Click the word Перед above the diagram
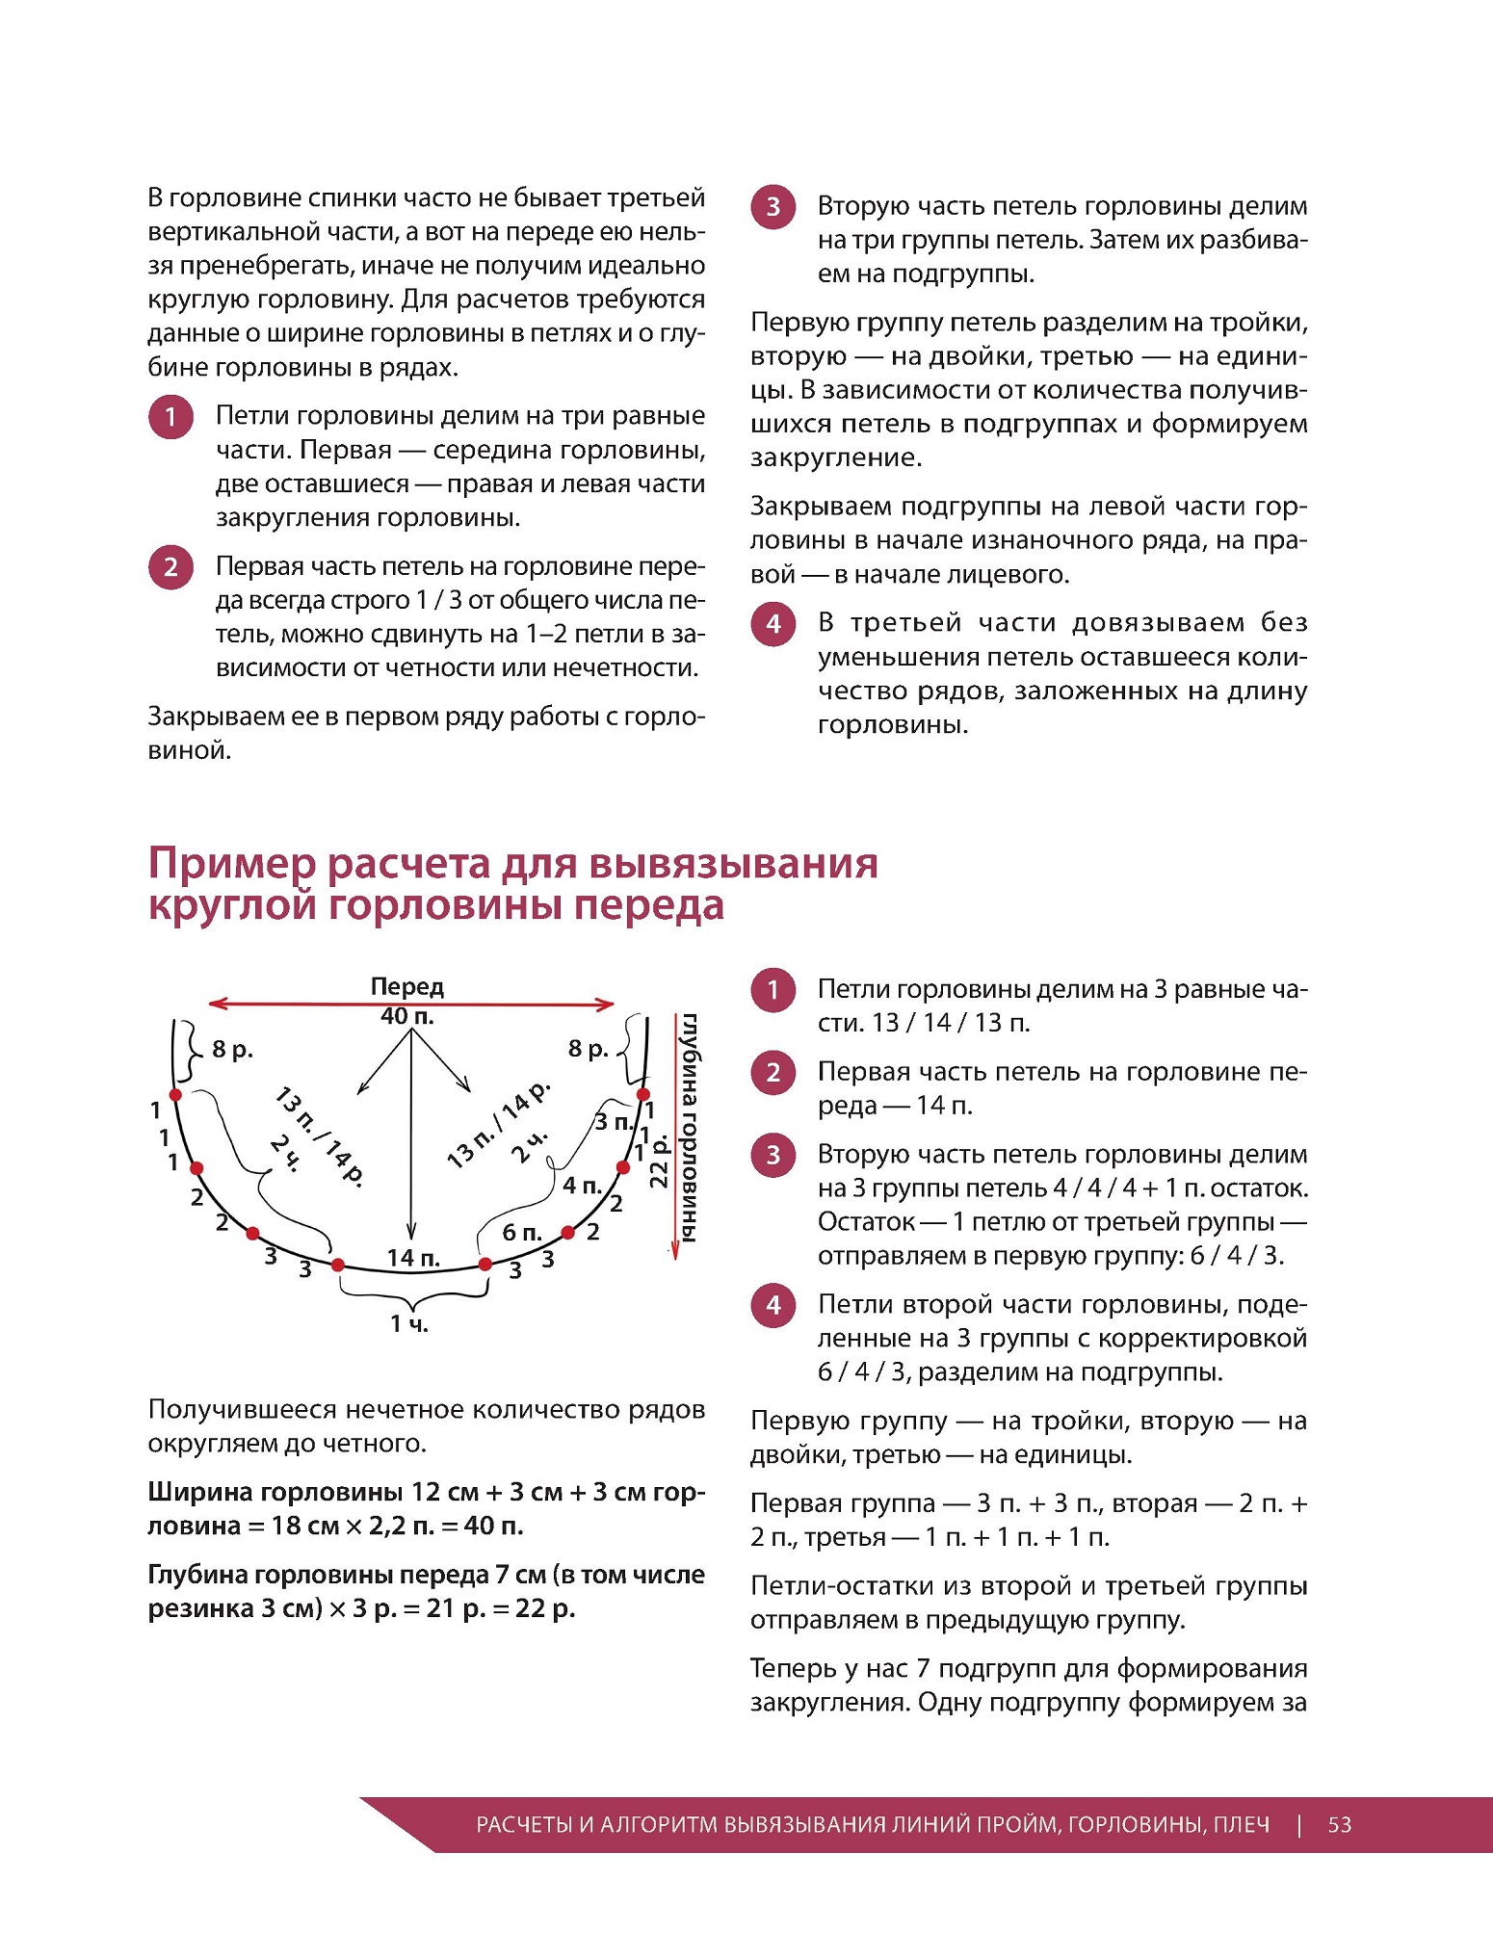[x=406, y=986]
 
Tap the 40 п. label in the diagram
[x=406, y=1016]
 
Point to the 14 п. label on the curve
[x=413, y=1257]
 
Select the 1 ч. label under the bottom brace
[x=409, y=1324]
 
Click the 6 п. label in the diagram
[x=522, y=1232]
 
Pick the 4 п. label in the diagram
[x=582, y=1185]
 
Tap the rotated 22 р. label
[x=660, y=1161]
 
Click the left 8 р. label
[x=232, y=1049]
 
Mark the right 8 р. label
[x=589, y=1049]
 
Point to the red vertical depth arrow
[x=675, y=1136]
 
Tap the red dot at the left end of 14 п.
[x=338, y=1265]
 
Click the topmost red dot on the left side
[x=175, y=1095]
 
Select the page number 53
[x=1339, y=1824]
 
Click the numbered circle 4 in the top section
[x=773, y=624]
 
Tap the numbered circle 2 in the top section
[x=170, y=567]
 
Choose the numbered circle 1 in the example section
[x=773, y=990]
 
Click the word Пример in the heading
[x=231, y=863]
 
